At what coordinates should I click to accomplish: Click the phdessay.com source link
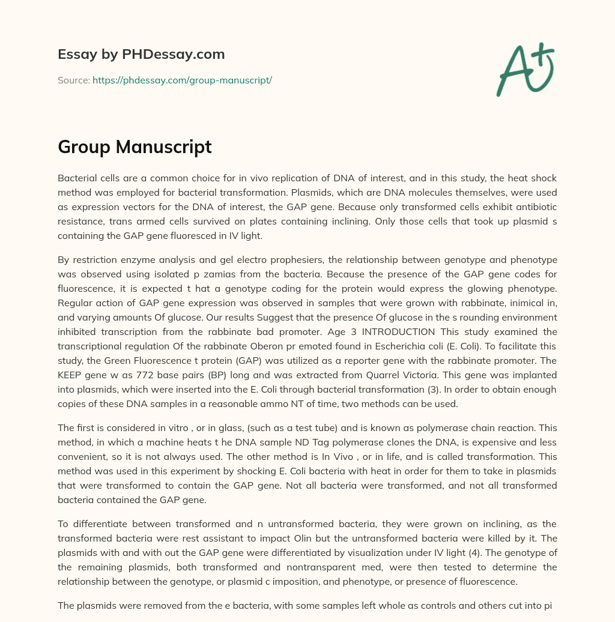pyautogui.click(x=182, y=80)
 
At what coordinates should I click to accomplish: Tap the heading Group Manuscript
pyautogui.click(x=135, y=146)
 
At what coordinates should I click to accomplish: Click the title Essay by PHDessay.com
pyautogui.click(x=141, y=54)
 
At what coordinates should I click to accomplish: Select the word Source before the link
pyautogui.click(x=73, y=80)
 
